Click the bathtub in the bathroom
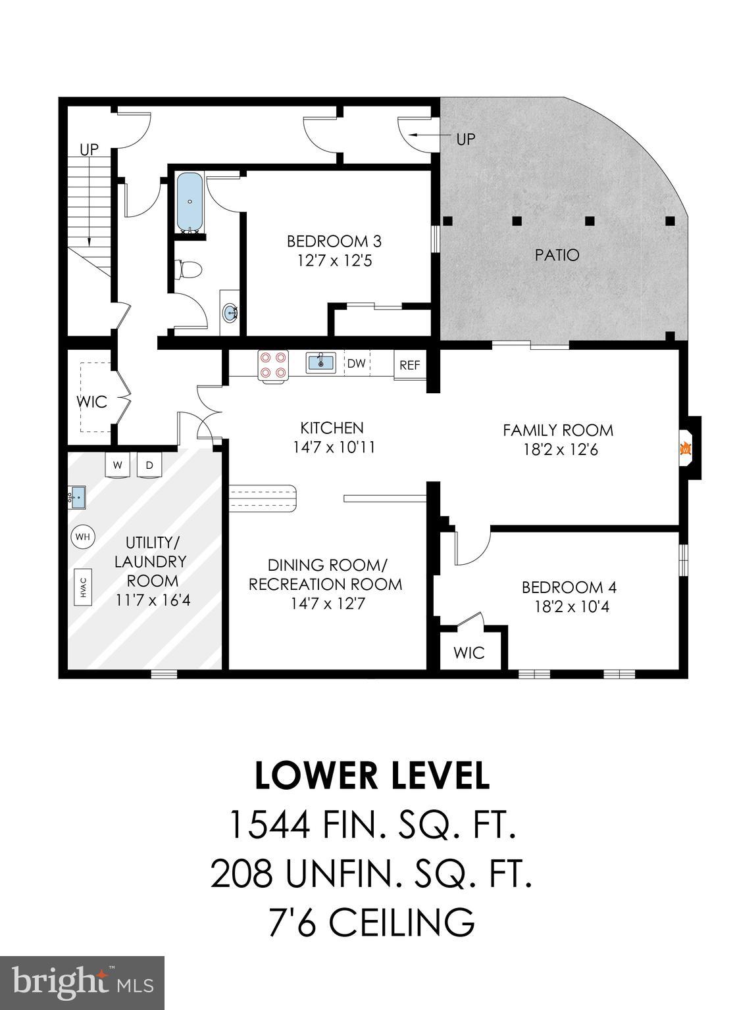point(190,202)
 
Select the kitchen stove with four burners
point(273,365)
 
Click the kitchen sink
point(320,362)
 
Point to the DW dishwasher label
point(356,364)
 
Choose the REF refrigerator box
point(409,365)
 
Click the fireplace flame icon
point(685,449)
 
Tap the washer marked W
point(118,466)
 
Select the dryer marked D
point(149,466)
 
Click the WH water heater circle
point(82,537)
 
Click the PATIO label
point(557,254)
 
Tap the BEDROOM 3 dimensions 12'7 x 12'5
point(334,261)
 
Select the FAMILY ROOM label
point(558,430)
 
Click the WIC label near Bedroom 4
point(469,652)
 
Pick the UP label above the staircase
point(89,149)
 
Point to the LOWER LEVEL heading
point(372,775)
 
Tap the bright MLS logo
point(82,982)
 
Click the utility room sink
point(76,496)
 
